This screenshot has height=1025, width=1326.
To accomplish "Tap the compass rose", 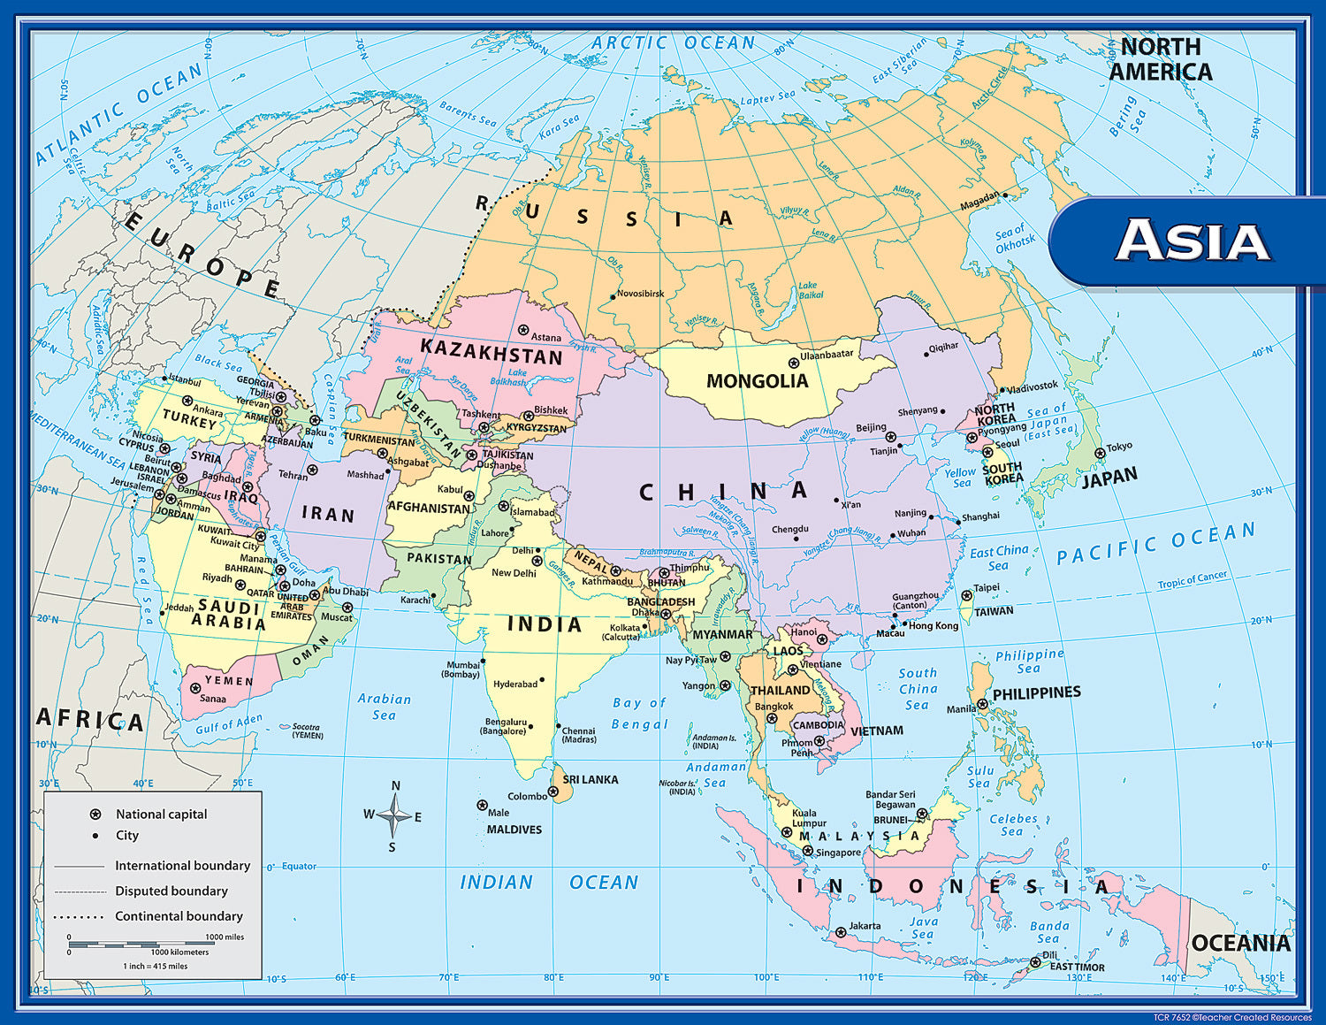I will (x=393, y=815).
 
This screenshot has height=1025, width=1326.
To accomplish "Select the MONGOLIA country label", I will (x=757, y=381).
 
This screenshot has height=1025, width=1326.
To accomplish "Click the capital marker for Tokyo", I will (x=1100, y=453).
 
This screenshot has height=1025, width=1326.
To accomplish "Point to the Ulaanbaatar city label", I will (x=827, y=355).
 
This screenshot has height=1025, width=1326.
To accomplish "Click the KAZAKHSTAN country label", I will (x=491, y=351).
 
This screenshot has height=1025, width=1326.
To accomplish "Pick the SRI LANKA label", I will (x=591, y=780).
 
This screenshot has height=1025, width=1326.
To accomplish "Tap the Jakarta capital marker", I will (x=841, y=932).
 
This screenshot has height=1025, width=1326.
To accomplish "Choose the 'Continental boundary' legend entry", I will (x=179, y=916).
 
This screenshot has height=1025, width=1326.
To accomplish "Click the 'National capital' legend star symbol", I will (x=95, y=814).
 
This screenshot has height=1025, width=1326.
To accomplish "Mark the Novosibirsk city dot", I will (x=612, y=297).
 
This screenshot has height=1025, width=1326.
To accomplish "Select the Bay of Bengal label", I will (x=639, y=714).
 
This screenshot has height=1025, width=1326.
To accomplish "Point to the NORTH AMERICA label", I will (x=1161, y=59).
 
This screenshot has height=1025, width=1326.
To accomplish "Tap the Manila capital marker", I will (x=982, y=705).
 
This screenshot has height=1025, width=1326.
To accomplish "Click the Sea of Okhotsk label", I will (x=1014, y=239).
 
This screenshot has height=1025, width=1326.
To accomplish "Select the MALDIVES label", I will (x=514, y=830).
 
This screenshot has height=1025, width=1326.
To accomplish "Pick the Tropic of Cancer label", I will (x=1193, y=580).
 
